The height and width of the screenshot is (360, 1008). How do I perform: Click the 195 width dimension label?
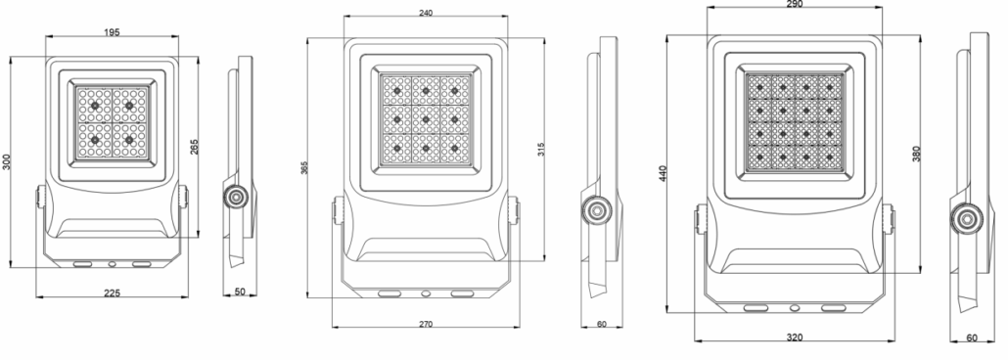pos(112,31)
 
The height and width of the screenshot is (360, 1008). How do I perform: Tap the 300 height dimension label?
pos(7,162)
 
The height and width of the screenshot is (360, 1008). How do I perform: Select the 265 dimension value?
pos(194,147)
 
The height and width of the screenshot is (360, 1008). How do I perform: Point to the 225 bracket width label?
pos(112,293)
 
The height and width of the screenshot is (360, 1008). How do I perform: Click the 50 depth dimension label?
pos(240,292)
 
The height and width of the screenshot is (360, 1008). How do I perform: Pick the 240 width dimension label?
pos(425,12)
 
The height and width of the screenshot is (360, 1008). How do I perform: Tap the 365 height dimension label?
pos(304,167)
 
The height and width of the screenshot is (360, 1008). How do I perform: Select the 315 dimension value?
pos(540,149)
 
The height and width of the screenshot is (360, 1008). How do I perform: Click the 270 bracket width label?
pos(425,324)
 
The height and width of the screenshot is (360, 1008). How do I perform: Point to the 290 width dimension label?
pos(794,4)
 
